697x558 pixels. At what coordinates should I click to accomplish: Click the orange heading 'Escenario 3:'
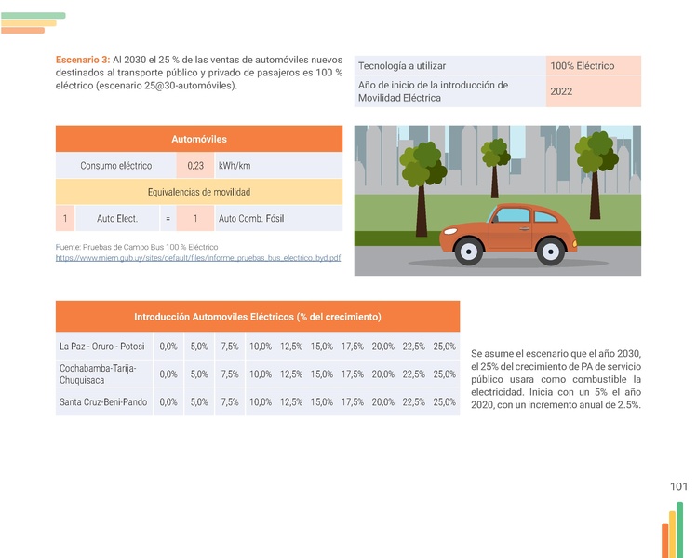[82, 59]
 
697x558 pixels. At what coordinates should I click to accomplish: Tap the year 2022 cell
[561, 91]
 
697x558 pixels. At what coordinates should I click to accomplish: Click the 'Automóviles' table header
[199, 139]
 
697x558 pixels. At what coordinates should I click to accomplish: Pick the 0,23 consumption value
[195, 166]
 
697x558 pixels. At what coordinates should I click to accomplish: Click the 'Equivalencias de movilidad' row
[199, 192]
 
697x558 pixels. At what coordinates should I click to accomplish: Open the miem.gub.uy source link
[198, 257]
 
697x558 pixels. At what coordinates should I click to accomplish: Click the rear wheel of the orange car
[551, 250]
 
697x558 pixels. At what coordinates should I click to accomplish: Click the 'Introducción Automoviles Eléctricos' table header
[257, 317]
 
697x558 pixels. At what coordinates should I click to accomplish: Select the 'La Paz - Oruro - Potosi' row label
[102, 347]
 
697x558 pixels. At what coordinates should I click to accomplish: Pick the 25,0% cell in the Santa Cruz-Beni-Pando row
[444, 402]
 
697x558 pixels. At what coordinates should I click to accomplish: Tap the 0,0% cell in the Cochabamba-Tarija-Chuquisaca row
[168, 374]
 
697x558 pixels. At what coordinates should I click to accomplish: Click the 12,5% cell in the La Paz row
[290, 347]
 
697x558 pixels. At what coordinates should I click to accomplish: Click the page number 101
[678, 486]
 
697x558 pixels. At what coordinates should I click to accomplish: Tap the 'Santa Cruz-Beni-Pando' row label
[103, 402]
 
